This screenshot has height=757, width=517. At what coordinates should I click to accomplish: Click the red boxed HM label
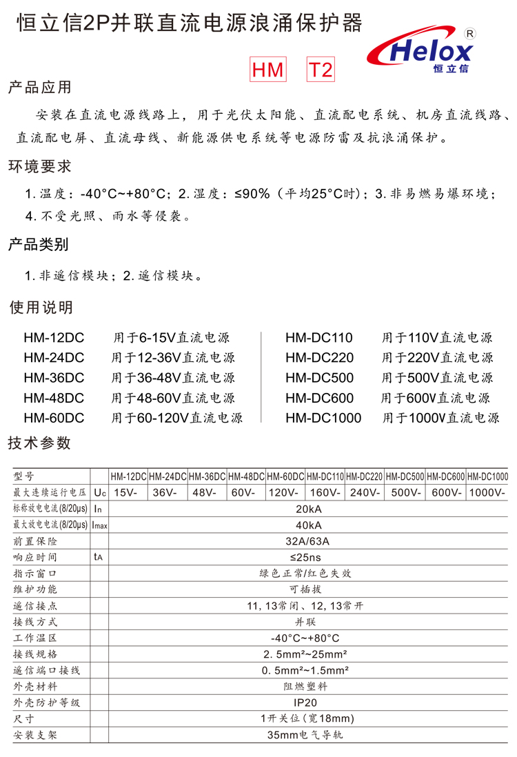(x=267, y=70)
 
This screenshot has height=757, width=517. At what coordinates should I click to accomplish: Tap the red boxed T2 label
(x=320, y=70)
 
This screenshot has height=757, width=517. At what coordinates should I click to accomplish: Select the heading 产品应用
(x=39, y=88)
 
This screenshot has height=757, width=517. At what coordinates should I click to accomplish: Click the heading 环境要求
(x=39, y=166)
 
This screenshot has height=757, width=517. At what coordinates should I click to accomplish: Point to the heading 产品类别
(x=39, y=245)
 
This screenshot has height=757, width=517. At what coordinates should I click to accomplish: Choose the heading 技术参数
(x=39, y=443)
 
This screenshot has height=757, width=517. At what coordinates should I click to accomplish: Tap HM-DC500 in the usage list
(x=319, y=378)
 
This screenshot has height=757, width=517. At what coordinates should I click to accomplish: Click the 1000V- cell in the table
(x=487, y=493)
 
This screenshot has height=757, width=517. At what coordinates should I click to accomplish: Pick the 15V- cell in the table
(x=127, y=493)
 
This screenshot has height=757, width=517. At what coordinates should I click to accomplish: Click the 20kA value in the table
(x=308, y=509)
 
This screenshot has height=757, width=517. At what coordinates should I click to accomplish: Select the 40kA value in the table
(x=308, y=525)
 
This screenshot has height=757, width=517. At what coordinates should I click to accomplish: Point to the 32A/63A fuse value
(x=308, y=541)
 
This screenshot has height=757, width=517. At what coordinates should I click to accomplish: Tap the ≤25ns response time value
(x=308, y=556)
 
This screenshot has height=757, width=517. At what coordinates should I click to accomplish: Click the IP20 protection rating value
(x=308, y=703)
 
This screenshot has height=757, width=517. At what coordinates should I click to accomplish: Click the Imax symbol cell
(x=99, y=525)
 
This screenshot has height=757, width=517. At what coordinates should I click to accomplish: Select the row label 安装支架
(x=35, y=735)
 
